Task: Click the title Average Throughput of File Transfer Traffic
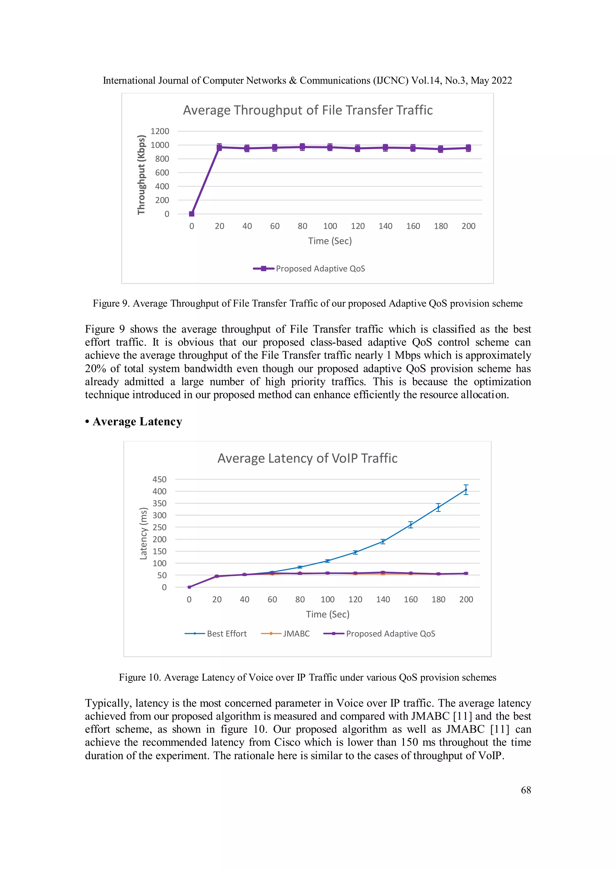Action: click(x=308, y=110)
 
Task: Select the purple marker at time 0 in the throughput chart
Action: click(x=192, y=214)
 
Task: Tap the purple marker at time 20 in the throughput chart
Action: click(x=219, y=148)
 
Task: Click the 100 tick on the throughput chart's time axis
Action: click(x=330, y=226)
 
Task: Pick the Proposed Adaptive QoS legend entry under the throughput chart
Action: click(x=309, y=269)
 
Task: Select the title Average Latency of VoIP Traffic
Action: click(x=307, y=458)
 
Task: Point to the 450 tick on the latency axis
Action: click(x=159, y=479)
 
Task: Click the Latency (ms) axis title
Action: click(x=143, y=534)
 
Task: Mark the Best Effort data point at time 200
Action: click(x=466, y=490)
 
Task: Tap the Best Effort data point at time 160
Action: click(x=410, y=525)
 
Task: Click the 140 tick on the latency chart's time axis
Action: click(x=383, y=599)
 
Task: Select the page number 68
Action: click(x=526, y=790)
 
